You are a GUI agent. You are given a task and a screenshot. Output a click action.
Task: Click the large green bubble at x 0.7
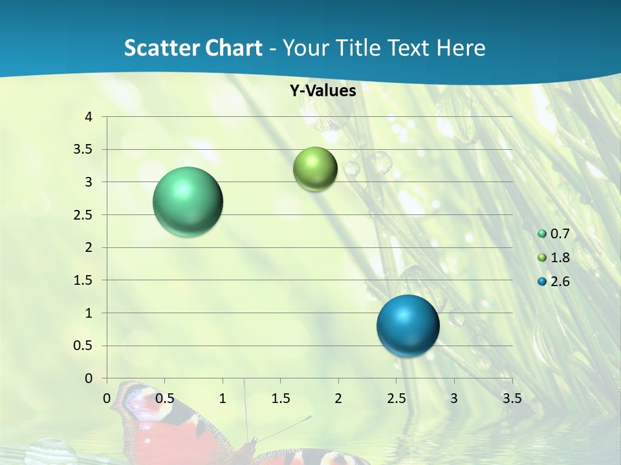coord(188,201)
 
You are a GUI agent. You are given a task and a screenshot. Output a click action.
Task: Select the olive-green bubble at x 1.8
coord(315,169)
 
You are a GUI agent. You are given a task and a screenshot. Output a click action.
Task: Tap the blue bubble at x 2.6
coord(408,325)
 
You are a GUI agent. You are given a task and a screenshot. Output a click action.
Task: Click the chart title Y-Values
coord(323,91)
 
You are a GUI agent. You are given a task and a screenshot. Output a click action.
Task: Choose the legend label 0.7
coord(560,234)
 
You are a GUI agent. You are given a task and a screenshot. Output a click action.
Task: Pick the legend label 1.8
coord(560,258)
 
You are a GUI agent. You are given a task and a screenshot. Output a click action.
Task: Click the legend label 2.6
coord(560,282)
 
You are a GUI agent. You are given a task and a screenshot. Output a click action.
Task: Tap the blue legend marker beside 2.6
coord(542,282)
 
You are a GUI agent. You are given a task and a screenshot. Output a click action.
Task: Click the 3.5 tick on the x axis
coord(512,398)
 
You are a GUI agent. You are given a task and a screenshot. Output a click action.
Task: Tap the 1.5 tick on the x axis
coord(280,398)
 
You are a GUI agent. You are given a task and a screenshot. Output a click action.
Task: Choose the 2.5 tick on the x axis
coord(396,398)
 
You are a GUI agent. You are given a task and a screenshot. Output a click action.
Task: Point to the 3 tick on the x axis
coord(453,398)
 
